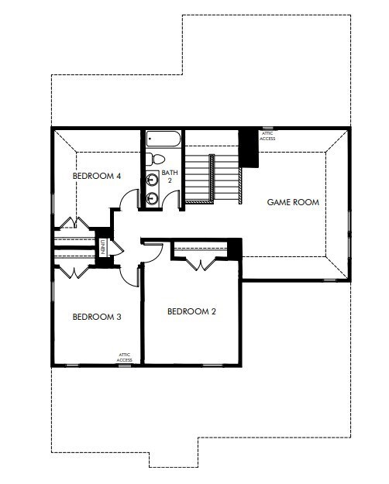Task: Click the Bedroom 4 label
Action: [x=97, y=176]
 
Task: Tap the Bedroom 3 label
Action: [x=97, y=316]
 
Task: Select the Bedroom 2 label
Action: [x=191, y=311]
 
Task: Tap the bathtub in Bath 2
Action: [x=164, y=140]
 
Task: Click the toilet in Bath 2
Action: [x=150, y=160]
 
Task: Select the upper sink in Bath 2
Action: [x=152, y=180]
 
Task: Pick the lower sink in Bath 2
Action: [x=152, y=198]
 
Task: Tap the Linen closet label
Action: [x=102, y=246]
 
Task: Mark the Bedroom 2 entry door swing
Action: [x=152, y=252]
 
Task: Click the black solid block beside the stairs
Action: [x=248, y=147]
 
